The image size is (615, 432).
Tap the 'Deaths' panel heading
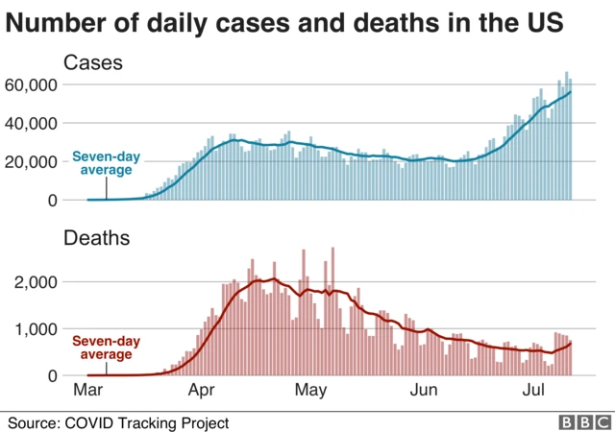96,237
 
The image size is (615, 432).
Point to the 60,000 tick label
33,84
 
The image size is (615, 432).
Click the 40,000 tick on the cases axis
33,123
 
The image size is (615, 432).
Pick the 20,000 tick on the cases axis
33,161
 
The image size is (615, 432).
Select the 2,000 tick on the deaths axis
37,281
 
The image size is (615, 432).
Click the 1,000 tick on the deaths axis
37,328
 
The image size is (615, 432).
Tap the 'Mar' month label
88,391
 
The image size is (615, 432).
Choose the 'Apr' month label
200,391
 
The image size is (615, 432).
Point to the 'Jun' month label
424,391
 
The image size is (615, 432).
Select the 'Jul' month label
533,391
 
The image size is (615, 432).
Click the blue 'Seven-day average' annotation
105,163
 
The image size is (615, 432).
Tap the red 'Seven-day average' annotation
105,348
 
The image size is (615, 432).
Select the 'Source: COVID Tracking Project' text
119,421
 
